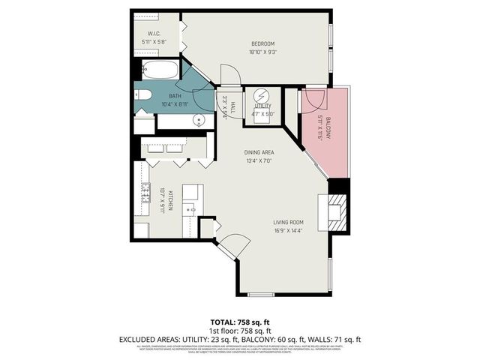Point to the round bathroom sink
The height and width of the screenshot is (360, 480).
(x=199, y=119)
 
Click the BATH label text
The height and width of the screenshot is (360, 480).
(x=175, y=96)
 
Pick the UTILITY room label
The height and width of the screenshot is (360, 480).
(x=262, y=106)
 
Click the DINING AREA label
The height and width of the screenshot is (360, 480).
(x=257, y=152)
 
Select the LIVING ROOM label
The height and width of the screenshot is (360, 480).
(x=287, y=222)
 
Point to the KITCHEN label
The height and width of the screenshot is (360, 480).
(x=171, y=200)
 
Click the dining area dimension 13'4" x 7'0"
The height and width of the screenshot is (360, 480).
(x=257, y=160)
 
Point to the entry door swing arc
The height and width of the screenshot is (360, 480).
(x=234, y=244)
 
